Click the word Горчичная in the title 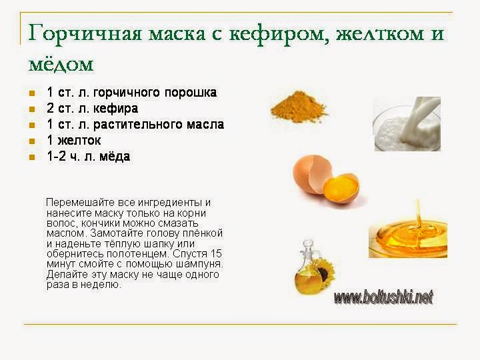coord(85,34)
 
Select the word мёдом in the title coord(61,64)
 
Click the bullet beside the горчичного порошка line coord(32,93)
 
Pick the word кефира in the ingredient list coord(115,109)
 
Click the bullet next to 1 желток coord(32,141)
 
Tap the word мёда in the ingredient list coord(115,156)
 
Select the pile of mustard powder coord(299,107)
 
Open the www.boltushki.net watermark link coord(383,297)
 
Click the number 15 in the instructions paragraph coord(216,254)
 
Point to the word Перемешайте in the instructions coord(81,203)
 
